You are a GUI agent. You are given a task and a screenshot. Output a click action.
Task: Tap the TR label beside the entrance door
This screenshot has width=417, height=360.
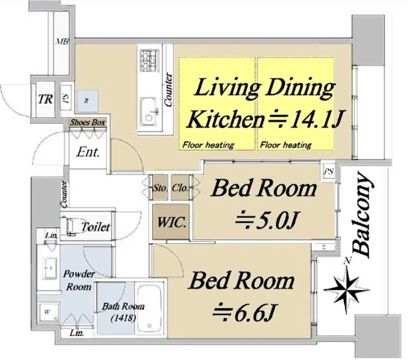[45, 99]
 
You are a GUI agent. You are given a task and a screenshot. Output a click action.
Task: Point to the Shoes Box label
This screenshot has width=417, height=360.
[87, 123]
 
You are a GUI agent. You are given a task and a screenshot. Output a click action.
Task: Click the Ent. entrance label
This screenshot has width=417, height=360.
[88, 152]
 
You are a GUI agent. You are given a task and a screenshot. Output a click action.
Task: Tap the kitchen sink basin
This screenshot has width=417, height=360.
[148, 111]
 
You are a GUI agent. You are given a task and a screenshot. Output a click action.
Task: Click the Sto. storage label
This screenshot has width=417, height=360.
[160, 187]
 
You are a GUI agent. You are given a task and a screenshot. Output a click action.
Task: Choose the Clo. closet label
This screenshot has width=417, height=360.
[179, 187]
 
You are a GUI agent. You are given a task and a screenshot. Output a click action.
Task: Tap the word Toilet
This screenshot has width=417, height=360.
[95, 227]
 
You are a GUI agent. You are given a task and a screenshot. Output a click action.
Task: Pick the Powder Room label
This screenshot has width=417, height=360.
[79, 280]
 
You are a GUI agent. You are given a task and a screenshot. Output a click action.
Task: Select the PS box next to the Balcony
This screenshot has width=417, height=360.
[329, 172]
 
